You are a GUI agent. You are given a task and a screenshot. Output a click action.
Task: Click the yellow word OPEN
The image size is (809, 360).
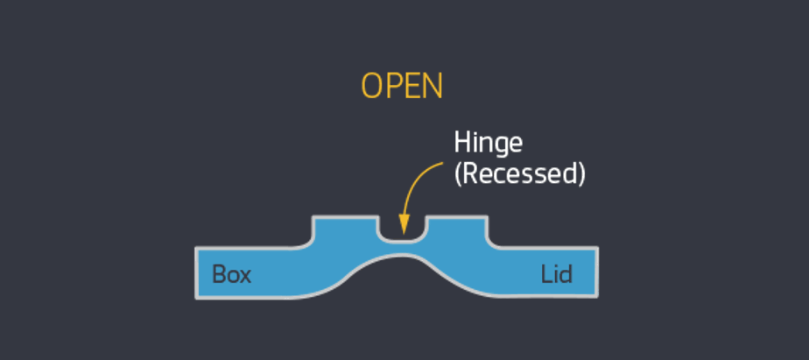click(x=402, y=87)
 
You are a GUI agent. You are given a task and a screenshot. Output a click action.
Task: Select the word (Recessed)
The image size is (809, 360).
click(x=518, y=173)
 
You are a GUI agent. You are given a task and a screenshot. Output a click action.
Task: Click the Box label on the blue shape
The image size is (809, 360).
click(x=232, y=275)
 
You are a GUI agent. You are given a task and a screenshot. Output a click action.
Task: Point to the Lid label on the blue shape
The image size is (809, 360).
click(x=556, y=275)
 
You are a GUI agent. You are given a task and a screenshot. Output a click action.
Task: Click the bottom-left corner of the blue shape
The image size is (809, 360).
click(x=198, y=297)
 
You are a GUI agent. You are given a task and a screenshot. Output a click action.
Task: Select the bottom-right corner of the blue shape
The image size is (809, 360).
click(x=595, y=297)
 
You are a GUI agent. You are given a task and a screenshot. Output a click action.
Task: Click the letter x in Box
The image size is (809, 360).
click(x=244, y=277)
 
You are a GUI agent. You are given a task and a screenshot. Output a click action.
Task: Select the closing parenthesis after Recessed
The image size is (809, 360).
click(x=580, y=173)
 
